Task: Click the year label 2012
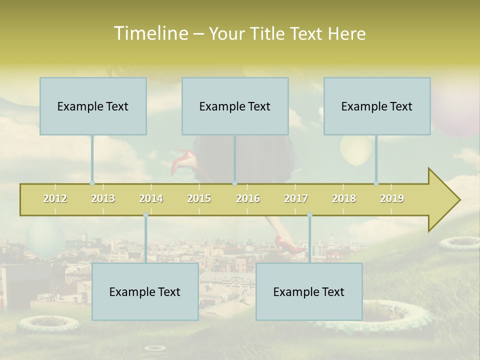click(x=55, y=198)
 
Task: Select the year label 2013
click(x=103, y=198)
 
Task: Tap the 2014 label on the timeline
click(x=151, y=198)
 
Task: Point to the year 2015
click(x=199, y=198)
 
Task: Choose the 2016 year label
click(x=248, y=198)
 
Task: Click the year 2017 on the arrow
click(x=296, y=198)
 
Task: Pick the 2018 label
click(x=344, y=198)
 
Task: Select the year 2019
click(x=392, y=198)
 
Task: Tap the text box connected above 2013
click(x=93, y=106)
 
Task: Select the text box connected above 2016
click(x=235, y=106)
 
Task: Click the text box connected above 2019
click(x=377, y=106)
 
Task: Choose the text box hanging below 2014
click(x=145, y=291)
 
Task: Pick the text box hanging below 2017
click(x=309, y=291)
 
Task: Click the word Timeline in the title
click(x=150, y=33)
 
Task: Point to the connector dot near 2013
click(x=92, y=183)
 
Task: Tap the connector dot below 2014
click(x=145, y=215)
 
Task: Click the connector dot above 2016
click(x=234, y=183)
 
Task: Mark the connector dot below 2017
click(x=309, y=215)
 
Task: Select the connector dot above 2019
click(x=376, y=183)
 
